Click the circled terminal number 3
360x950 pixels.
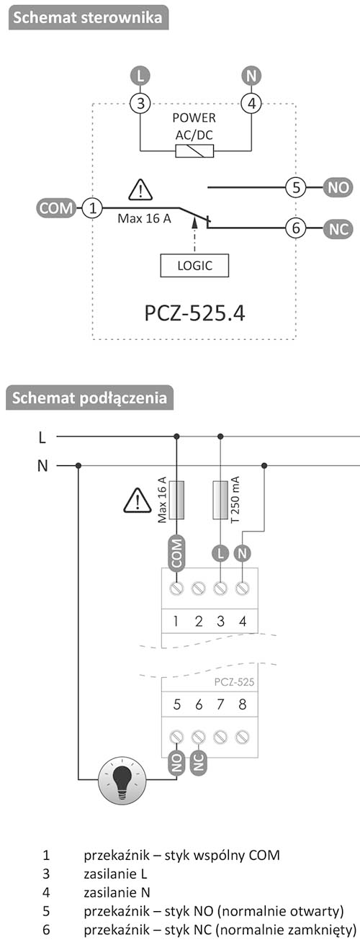click(140, 103)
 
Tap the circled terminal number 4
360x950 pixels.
click(251, 103)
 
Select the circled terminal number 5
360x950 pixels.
click(296, 187)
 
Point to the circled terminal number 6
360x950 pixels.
click(296, 228)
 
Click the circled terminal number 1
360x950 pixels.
click(92, 208)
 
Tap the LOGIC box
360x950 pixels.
click(194, 266)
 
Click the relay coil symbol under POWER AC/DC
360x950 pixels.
click(194, 151)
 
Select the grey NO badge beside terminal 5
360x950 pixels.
click(338, 187)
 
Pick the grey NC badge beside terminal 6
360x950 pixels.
click(338, 229)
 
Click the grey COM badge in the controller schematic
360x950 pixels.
click(56, 208)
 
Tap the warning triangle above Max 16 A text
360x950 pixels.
click(140, 190)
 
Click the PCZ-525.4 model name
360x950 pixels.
click(194, 313)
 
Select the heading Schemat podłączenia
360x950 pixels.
click(89, 398)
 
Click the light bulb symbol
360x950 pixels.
click(122, 779)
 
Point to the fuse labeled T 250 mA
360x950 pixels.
click(220, 500)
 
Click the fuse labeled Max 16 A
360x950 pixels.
click(176, 500)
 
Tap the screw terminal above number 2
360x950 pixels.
click(199, 588)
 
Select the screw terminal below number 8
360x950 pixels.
click(242, 737)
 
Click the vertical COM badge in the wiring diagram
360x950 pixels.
click(176, 553)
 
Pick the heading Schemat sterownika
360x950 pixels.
click(88, 17)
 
